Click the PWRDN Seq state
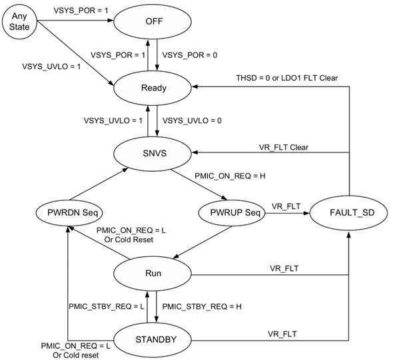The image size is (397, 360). tap(69, 213)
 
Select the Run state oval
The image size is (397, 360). tap(152, 273)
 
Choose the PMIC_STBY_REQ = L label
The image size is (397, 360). tap(107, 305)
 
